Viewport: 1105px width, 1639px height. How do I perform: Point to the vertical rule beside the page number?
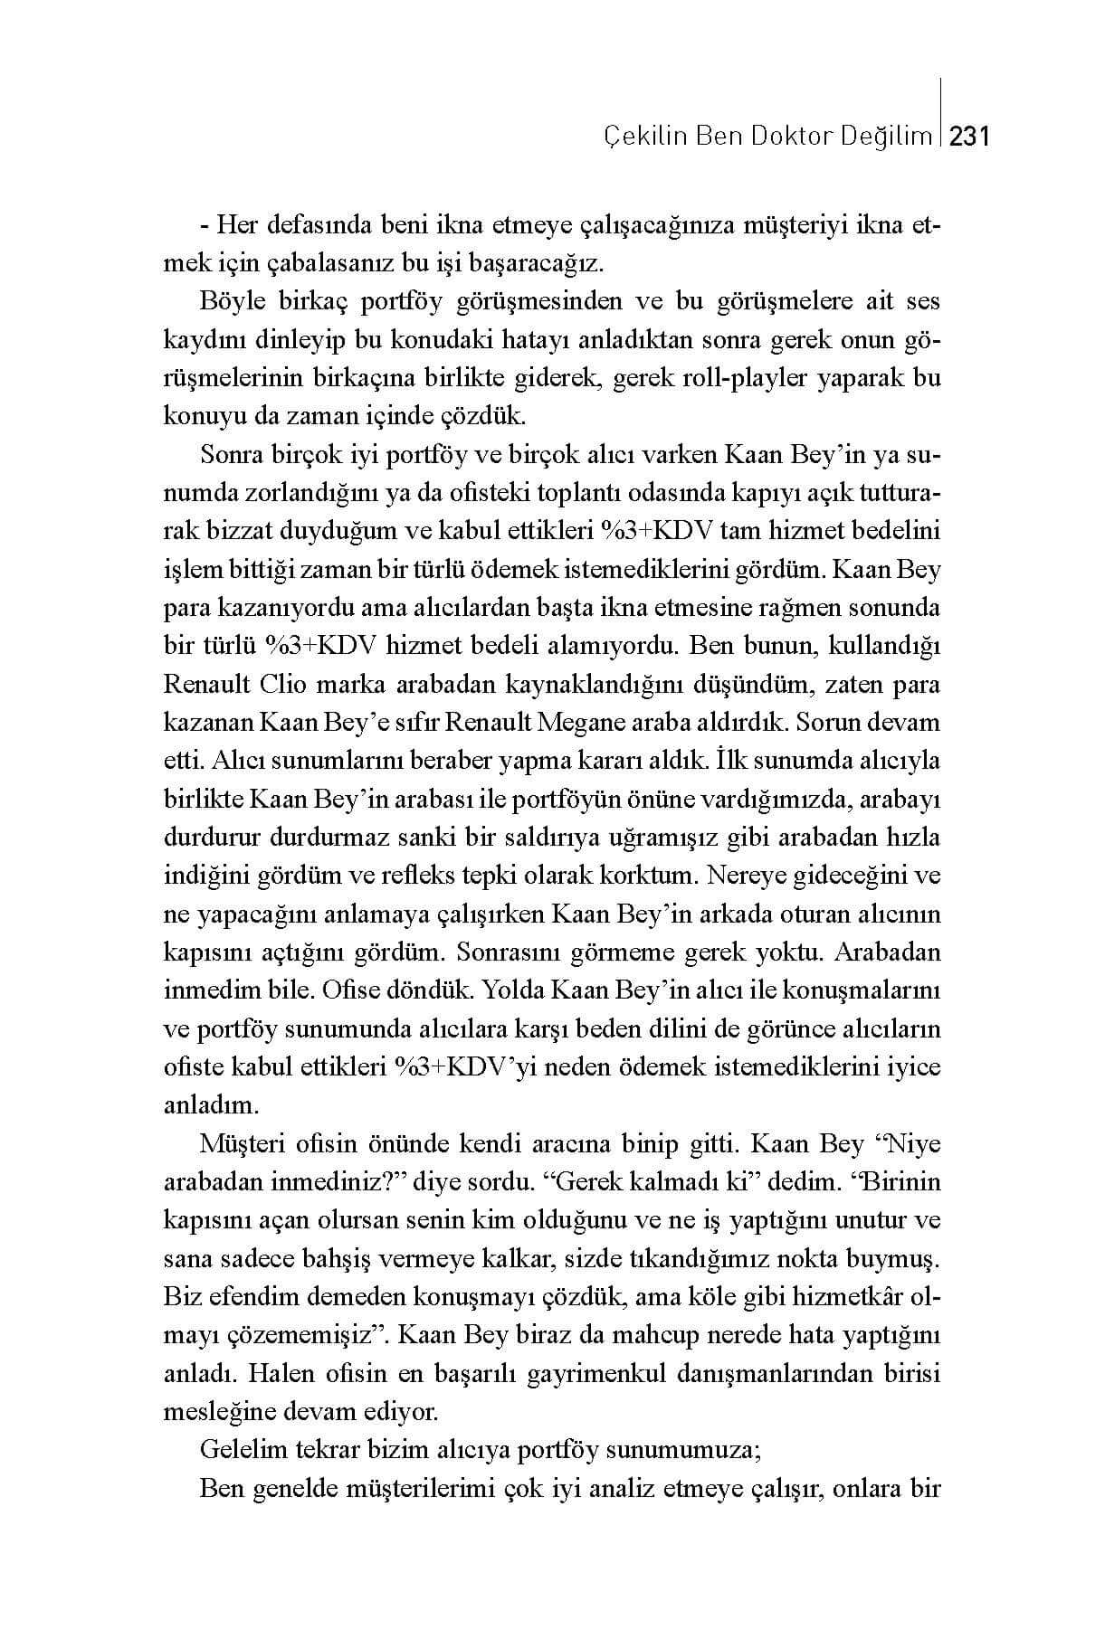click(943, 113)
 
